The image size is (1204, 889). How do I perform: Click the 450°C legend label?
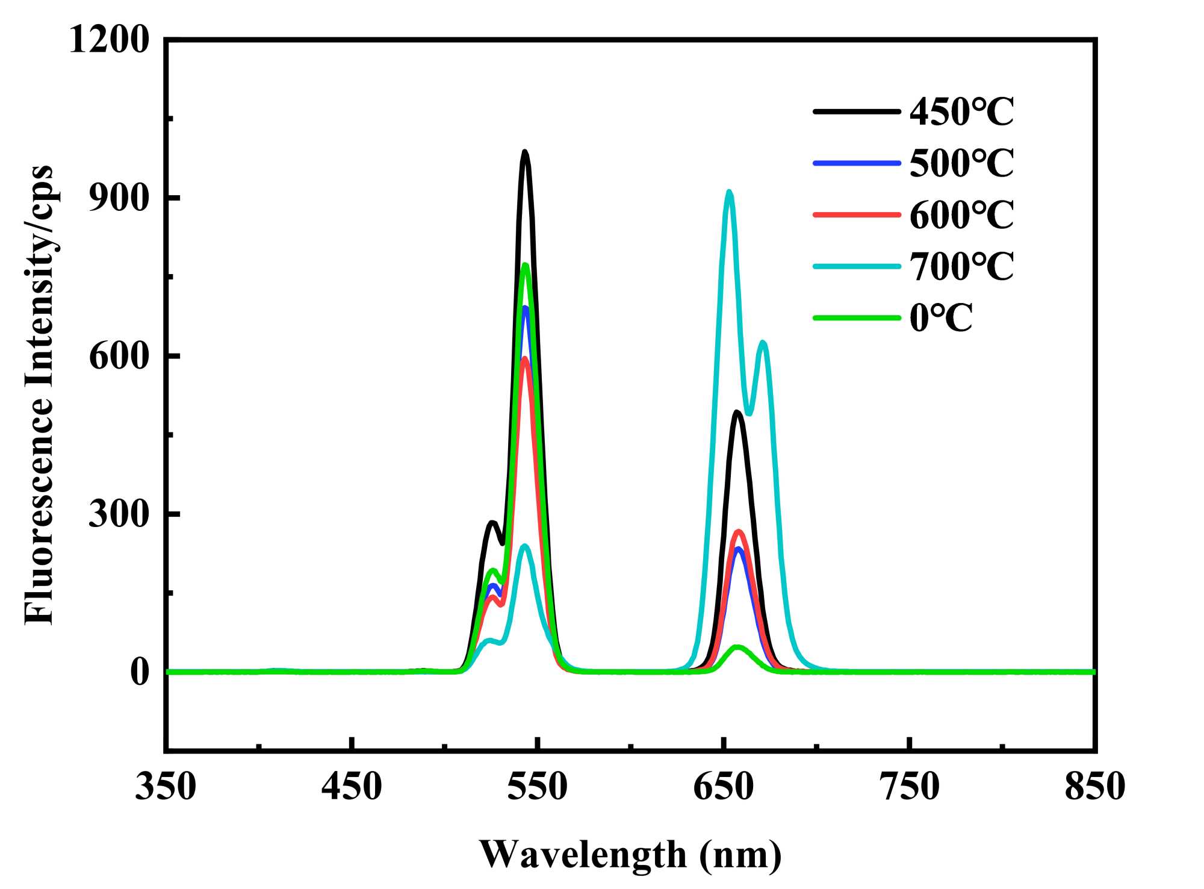point(961,112)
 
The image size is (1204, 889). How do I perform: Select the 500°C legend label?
point(961,163)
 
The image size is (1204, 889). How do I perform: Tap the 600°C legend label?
point(961,215)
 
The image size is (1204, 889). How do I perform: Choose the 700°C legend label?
point(961,266)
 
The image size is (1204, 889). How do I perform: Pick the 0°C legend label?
point(941,318)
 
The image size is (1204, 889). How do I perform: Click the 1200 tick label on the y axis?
point(109,40)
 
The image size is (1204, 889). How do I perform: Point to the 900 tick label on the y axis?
point(119,198)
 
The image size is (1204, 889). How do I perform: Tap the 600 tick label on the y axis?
point(119,356)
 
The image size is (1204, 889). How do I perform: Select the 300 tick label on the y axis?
point(119,514)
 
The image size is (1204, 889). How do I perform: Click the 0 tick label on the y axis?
point(139,672)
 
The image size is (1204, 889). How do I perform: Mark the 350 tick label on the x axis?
point(166,787)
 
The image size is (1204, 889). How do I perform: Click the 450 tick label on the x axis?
point(352,787)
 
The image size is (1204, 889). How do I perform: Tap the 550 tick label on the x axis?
point(538,787)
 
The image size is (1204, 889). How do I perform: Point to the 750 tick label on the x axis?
point(910,787)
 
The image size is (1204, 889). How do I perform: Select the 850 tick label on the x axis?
point(1095,787)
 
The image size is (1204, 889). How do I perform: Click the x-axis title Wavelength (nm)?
point(630,854)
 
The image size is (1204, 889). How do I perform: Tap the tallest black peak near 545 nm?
point(525,152)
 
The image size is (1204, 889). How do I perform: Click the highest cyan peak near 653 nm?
point(729,192)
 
